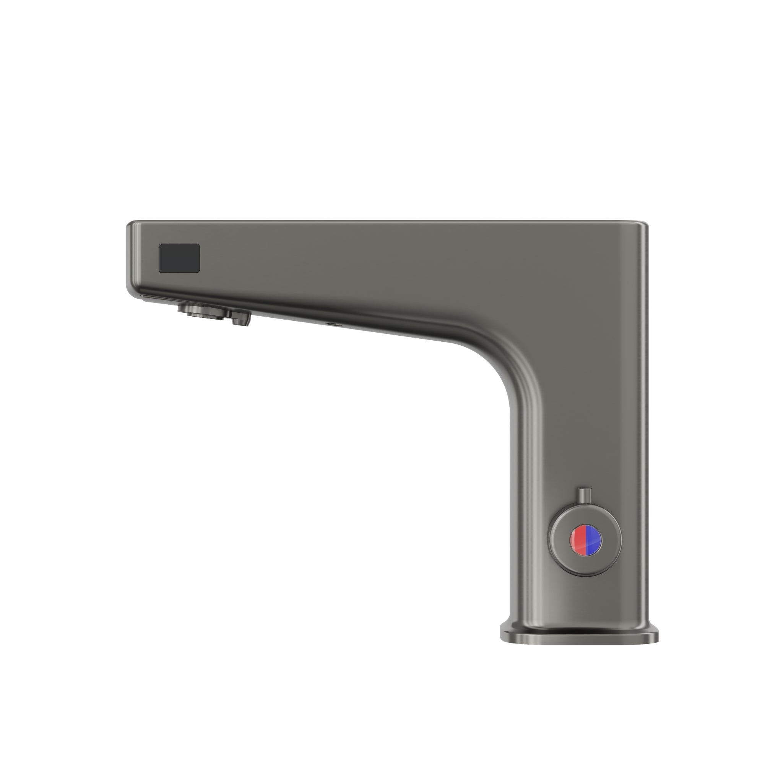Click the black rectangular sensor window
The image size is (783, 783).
point(179,258)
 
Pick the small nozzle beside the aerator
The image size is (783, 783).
point(241,317)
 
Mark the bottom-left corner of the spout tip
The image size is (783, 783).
point(130,290)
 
